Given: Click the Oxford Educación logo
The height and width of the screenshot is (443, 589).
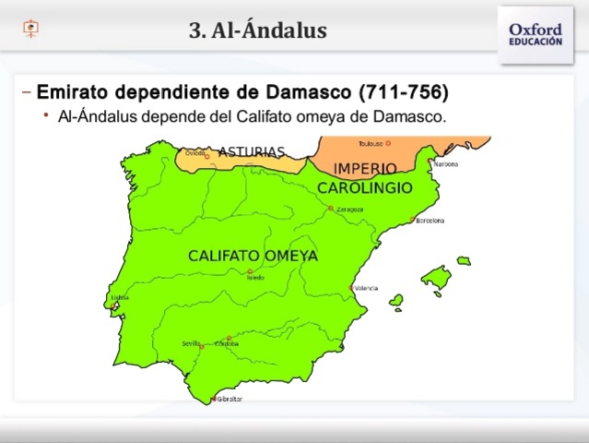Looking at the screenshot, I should click(535, 35).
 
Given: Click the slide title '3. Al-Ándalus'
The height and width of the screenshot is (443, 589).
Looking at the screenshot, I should click(258, 31).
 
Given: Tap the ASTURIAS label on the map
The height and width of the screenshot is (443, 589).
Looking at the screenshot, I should click(252, 151).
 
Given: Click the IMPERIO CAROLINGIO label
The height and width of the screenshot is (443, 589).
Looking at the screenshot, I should click(364, 178).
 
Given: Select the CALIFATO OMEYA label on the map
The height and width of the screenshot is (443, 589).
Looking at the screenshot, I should click(253, 256).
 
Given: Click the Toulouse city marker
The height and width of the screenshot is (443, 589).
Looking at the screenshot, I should click(388, 143).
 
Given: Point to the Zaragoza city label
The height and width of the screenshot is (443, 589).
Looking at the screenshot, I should click(349, 210).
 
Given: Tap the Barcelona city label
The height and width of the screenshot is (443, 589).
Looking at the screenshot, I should click(430, 221).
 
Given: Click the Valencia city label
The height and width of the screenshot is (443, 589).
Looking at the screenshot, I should click(366, 288).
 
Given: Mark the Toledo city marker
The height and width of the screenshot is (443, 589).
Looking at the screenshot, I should click(249, 271).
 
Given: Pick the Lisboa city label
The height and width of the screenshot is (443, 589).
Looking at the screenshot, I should click(120, 297).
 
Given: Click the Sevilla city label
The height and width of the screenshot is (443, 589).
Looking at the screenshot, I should click(191, 343).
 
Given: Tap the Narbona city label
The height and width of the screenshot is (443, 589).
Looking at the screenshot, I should click(445, 163).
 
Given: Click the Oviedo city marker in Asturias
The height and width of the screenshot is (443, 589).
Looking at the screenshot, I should click(207, 157).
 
